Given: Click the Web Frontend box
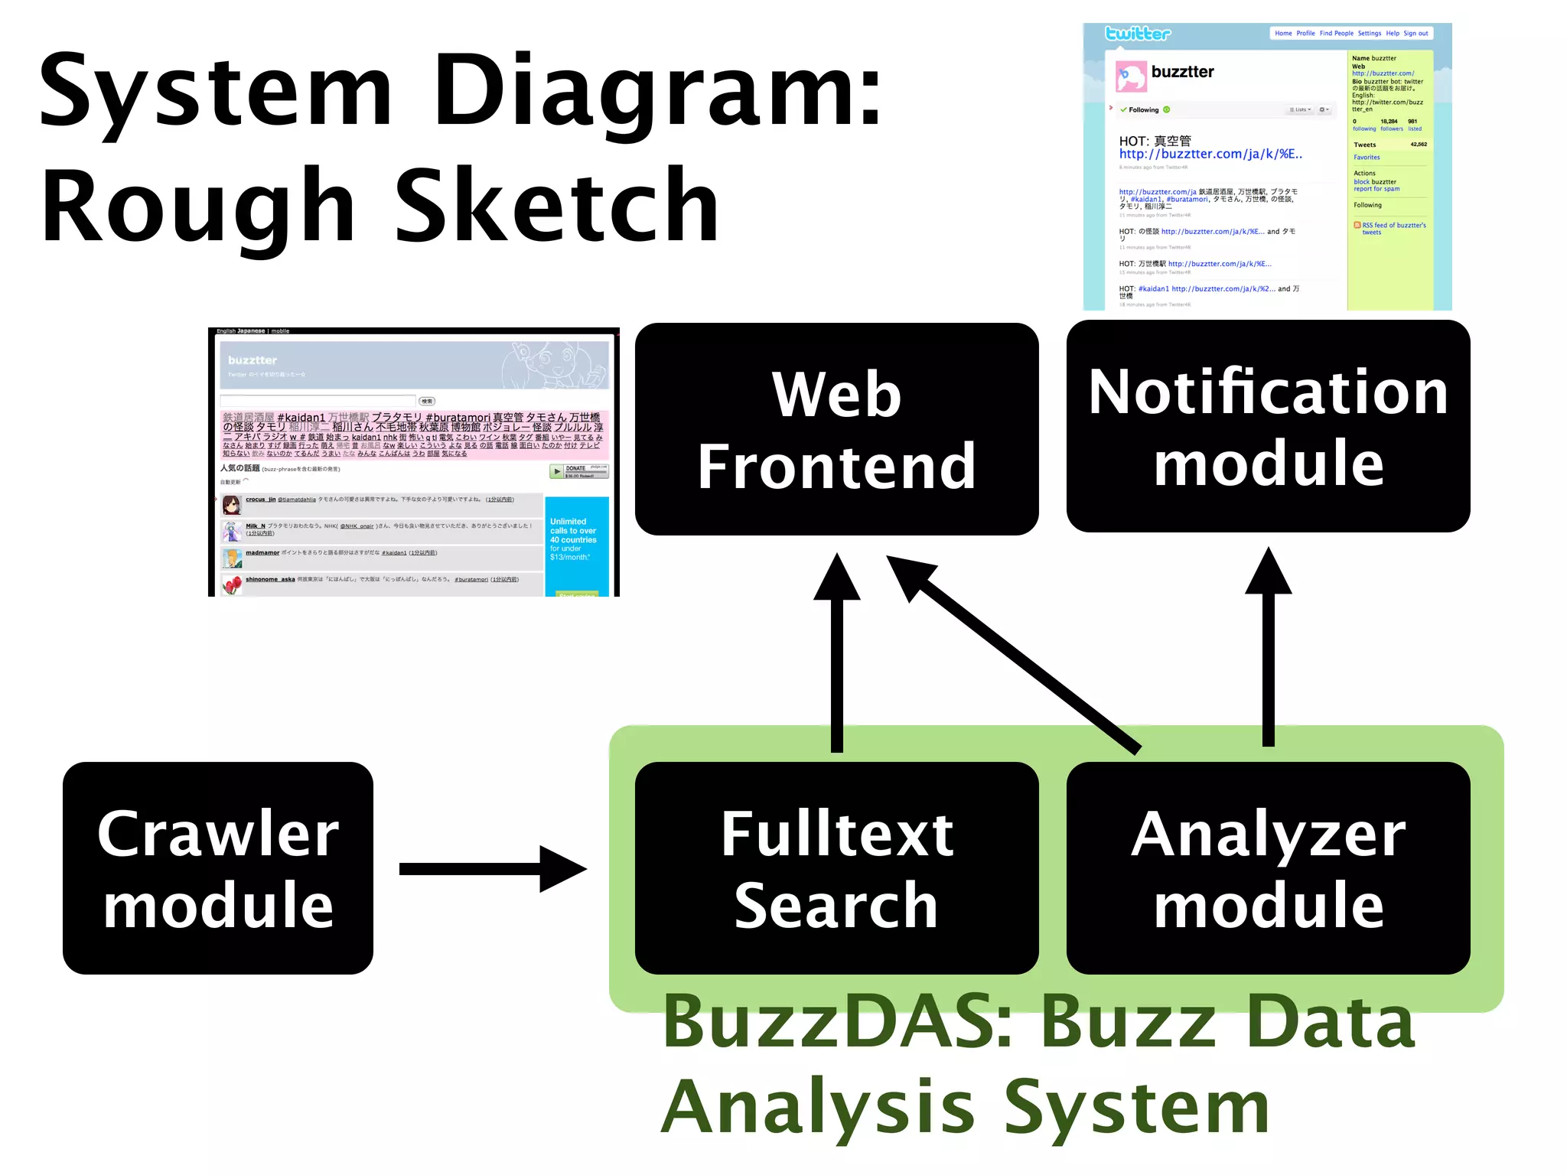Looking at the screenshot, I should (836, 429).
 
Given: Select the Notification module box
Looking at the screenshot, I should (1268, 426).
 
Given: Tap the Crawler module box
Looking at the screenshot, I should (218, 867).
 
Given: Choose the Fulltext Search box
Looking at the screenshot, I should (836, 867).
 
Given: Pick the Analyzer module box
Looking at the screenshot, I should (1268, 867).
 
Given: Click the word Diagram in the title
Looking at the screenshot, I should (658, 92).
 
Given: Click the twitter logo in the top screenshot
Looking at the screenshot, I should (1138, 34).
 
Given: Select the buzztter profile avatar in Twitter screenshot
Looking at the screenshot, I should (1131, 76).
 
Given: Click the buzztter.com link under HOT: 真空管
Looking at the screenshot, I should (1210, 155).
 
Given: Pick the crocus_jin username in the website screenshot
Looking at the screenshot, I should (260, 500).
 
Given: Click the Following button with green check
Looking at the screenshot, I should (1144, 110).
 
